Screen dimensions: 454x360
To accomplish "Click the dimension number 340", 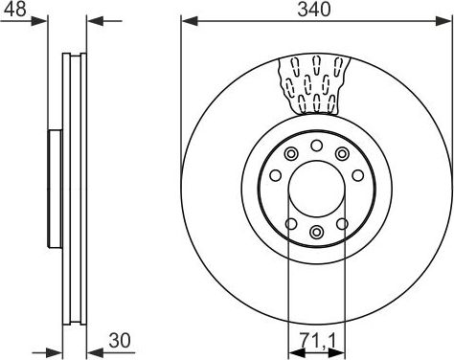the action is pyautogui.click(x=314, y=9).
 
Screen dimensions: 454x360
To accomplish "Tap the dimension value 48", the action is pyautogui.click(x=14, y=9).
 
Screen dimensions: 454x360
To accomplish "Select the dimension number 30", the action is pyautogui.click(x=120, y=340).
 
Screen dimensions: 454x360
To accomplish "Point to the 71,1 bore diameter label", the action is pyautogui.click(x=318, y=340).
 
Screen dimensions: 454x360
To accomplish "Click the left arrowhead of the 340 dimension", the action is pyautogui.click(x=190, y=21).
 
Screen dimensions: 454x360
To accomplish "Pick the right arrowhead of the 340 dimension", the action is pyautogui.click(x=444, y=21).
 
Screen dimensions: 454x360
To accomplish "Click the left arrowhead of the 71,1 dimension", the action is pyautogui.click(x=297, y=352).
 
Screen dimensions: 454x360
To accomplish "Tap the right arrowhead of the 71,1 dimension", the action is pyautogui.click(x=336, y=352).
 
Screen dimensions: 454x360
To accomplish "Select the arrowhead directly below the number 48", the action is pyautogui.click(x=39, y=21).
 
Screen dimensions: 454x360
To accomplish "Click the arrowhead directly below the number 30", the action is pyautogui.click(x=95, y=352).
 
